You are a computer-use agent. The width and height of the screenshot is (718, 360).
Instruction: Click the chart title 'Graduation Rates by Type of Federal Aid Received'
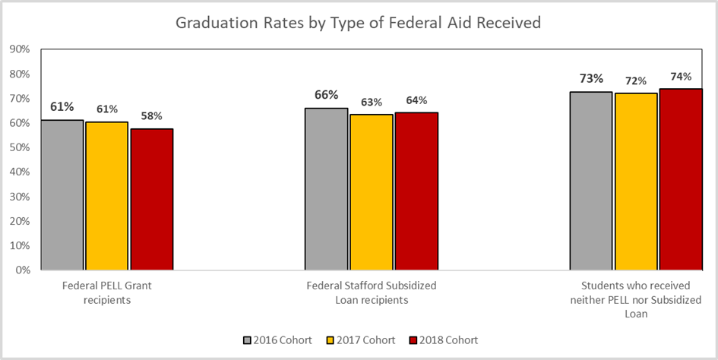(x=358, y=24)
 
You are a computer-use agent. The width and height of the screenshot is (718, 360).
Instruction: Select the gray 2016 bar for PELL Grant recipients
(x=62, y=194)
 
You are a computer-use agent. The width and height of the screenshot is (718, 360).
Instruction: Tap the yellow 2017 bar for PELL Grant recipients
(x=107, y=195)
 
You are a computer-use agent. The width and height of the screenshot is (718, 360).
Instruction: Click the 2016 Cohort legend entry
(x=278, y=339)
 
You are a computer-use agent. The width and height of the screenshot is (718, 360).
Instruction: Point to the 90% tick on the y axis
(x=19, y=49)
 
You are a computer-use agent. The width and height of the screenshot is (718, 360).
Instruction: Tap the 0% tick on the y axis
(x=22, y=270)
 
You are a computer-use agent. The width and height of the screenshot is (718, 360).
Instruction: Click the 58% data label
(x=152, y=116)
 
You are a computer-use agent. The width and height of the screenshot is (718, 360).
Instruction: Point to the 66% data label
(x=327, y=95)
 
